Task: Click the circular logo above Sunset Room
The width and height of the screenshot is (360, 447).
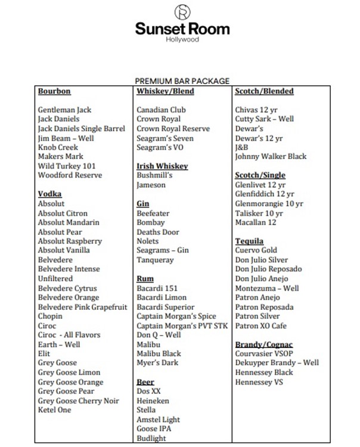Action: (x=182, y=13)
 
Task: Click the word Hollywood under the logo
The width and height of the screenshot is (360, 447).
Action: (x=182, y=40)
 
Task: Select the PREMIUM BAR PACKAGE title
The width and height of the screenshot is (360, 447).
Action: (x=182, y=81)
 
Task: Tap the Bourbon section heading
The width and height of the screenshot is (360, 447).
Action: (x=54, y=91)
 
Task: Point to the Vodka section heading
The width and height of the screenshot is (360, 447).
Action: (x=50, y=194)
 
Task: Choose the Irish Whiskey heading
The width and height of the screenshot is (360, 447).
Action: (x=162, y=166)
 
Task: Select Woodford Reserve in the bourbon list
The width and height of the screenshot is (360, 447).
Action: (x=70, y=175)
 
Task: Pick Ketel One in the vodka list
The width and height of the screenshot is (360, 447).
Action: (x=54, y=410)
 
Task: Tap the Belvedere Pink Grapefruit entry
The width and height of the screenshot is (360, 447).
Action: (x=82, y=307)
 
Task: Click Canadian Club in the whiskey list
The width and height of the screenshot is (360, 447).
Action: (x=161, y=110)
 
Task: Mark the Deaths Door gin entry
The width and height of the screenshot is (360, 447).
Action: (x=157, y=232)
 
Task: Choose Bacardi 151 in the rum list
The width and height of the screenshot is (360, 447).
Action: (x=157, y=288)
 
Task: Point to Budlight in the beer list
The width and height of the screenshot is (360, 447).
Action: (x=151, y=438)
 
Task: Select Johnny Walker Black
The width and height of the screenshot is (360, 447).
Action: (x=271, y=156)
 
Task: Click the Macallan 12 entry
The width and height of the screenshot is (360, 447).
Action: (x=256, y=222)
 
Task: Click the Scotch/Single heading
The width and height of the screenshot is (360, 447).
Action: (x=260, y=175)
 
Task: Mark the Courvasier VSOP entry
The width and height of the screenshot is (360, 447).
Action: (x=265, y=354)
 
